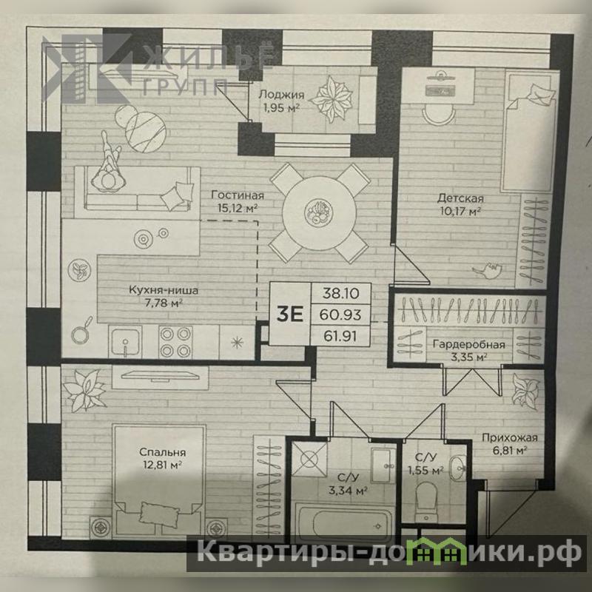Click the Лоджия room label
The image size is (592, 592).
[281, 95]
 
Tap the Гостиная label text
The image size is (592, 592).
[238, 195]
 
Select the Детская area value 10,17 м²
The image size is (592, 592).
[460, 211]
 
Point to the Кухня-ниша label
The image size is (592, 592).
[164, 290]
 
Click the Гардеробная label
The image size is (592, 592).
[468, 344]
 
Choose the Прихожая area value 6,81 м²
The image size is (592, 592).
[509, 450]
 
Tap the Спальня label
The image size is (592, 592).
[162, 452]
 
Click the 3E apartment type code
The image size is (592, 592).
[289, 314]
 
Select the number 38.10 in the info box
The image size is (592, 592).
[340, 293]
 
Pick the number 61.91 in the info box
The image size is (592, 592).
[340, 336]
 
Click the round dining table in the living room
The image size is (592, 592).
[319, 213]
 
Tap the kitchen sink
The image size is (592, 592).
[125, 342]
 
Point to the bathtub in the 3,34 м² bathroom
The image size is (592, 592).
[343, 523]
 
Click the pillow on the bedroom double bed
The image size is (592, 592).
[159, 514]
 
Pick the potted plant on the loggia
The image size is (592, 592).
[331, 99]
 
